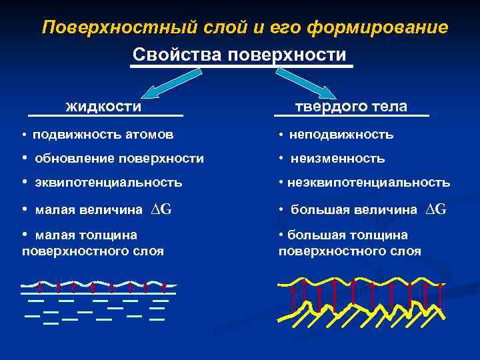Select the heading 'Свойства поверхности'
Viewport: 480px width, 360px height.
(x=239, y=54)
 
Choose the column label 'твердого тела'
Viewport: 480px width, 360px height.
(x=351, y=107)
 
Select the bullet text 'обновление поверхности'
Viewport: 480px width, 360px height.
(x=119, y=159)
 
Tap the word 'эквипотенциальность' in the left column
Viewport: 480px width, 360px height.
(x=107, y=182)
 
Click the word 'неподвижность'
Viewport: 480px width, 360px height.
(x=341, y=135)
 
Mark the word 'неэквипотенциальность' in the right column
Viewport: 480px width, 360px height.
(x=369, y=182)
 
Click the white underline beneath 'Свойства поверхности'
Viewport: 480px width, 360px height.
(x=241, y=66)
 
